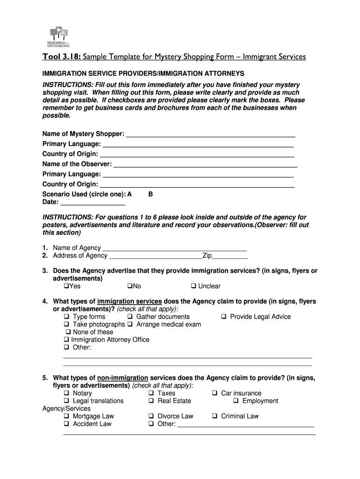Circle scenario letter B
point(151,194)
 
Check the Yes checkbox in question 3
point(66,286)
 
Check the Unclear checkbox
point(193,286)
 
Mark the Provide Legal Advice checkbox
point(223,317)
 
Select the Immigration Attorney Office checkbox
point(66,340)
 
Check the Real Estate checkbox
point(151,401)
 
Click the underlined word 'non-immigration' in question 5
point(122,378)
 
